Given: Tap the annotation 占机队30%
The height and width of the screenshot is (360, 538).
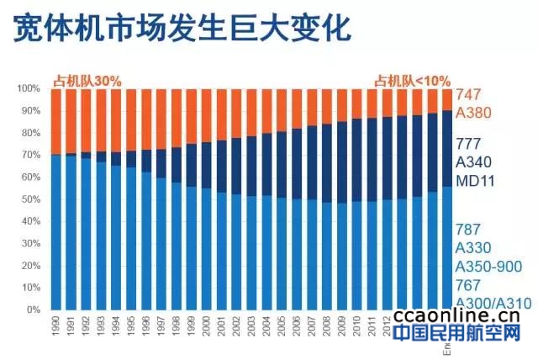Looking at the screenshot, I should [87, 81].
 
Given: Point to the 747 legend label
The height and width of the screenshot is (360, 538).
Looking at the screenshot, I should [468, 95].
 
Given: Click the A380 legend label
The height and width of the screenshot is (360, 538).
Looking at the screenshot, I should [473, 113].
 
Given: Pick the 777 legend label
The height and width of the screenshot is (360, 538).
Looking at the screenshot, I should [468, 143].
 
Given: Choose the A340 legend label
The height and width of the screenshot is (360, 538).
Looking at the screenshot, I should [473, 161].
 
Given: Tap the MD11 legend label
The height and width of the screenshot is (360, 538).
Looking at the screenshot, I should [473, 180].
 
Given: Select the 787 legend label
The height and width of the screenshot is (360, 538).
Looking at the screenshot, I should [468, 229].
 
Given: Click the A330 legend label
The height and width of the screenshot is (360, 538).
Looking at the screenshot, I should [473, 247].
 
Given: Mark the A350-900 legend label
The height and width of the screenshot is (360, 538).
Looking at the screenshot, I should [488, 267].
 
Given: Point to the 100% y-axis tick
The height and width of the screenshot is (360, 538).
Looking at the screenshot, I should [29, 88].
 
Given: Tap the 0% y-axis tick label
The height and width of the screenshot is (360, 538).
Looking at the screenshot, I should [34, 310].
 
